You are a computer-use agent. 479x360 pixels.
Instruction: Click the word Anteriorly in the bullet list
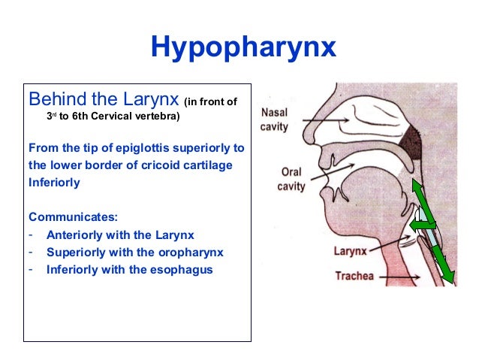(77, 234)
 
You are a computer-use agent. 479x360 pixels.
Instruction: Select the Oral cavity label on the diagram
(291, 178)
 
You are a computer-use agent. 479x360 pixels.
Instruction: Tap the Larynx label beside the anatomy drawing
(350, 250)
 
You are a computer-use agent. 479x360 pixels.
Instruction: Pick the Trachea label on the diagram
(354, 276)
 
